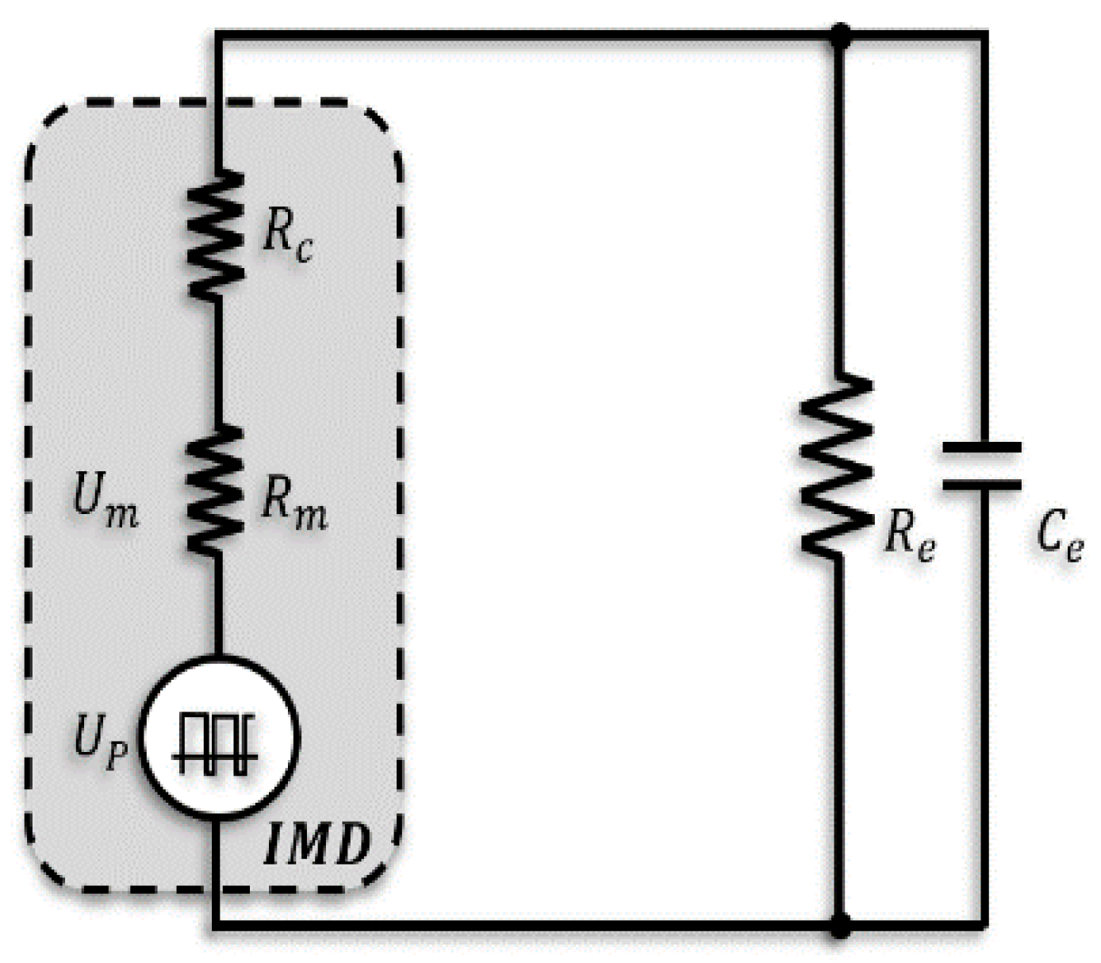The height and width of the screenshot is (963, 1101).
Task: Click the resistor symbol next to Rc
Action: tap(215, 235)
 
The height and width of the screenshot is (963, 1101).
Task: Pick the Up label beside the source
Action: tap(100, 741)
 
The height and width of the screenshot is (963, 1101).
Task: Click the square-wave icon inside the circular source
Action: tap(215, 742)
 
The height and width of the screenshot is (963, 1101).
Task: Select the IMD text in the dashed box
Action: tap(316, 845)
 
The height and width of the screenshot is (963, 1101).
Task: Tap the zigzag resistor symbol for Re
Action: tap(837, 464)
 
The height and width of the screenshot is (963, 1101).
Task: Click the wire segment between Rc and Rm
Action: tap(215, 361)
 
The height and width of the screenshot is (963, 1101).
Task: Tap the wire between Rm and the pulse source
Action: tap(215, 603)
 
